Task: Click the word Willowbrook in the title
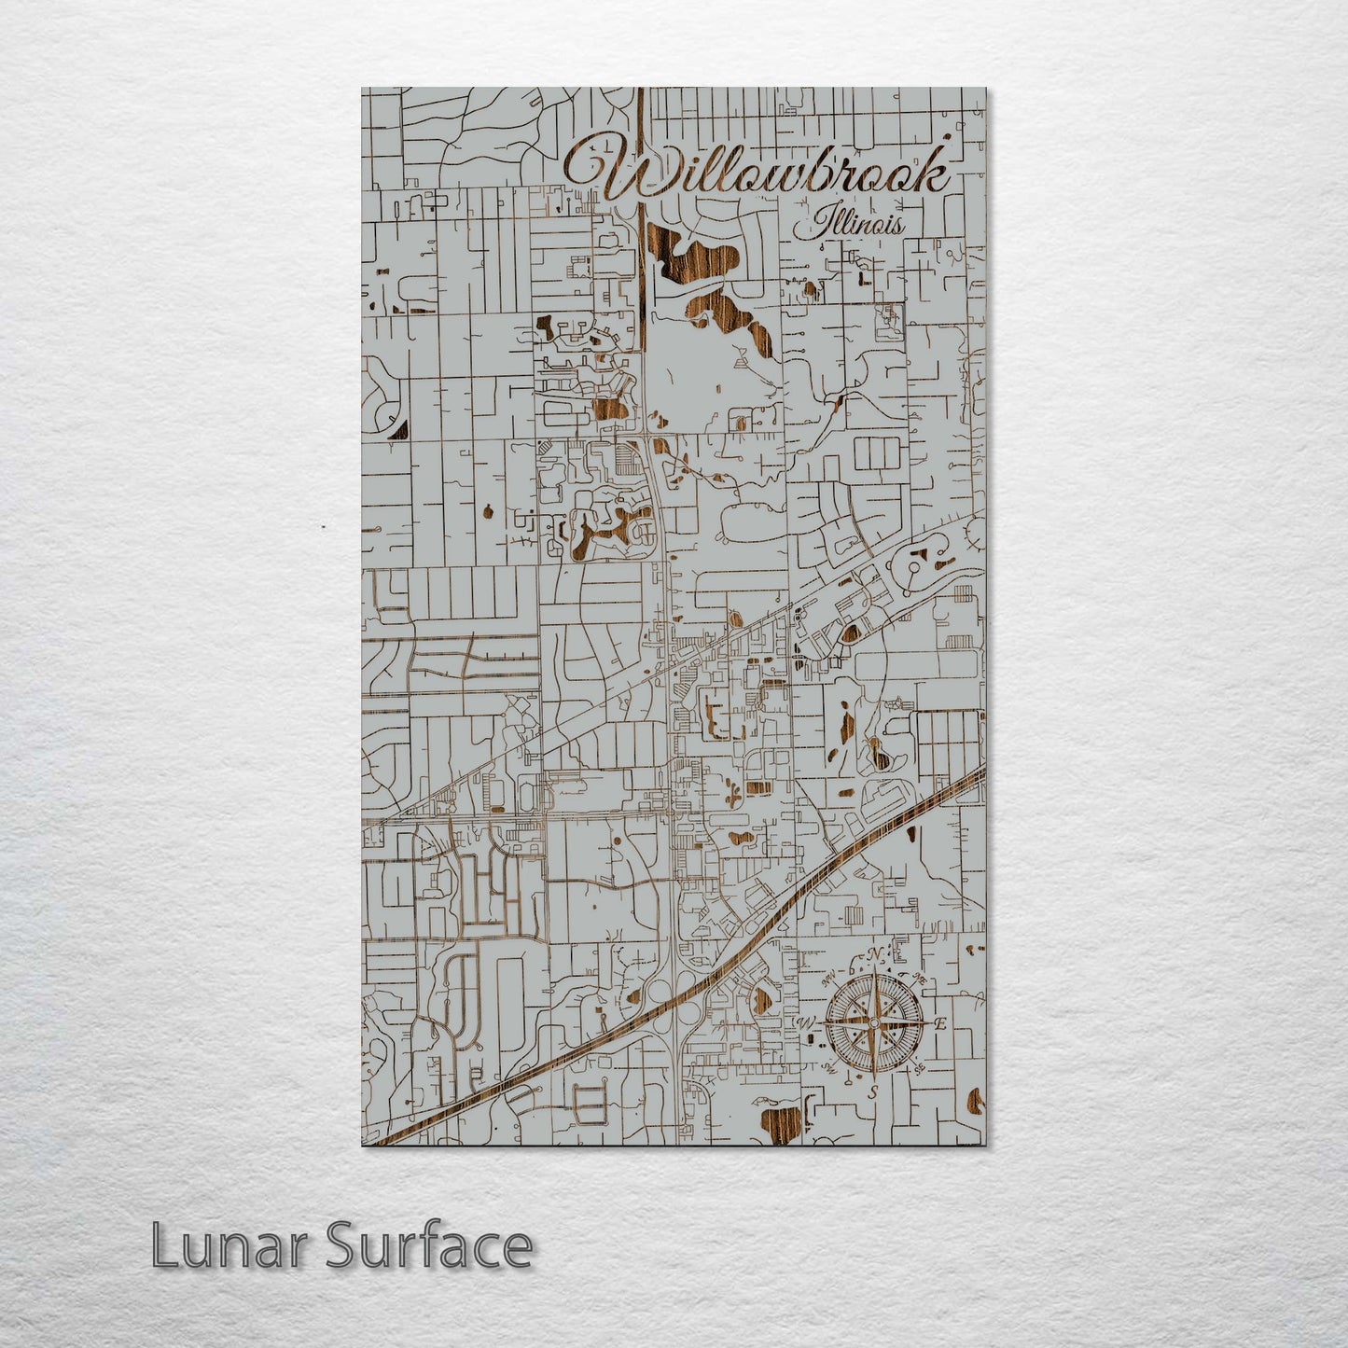click(757, 171)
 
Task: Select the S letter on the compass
click(873, 1091)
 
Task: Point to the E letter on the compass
click(940, 1023)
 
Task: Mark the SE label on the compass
click(919, 1067)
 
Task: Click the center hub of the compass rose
click(873, 1023)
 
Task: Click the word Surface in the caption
click(429, 1246)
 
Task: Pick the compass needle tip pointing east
click(928, 1023)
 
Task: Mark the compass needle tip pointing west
click(819, 1023)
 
